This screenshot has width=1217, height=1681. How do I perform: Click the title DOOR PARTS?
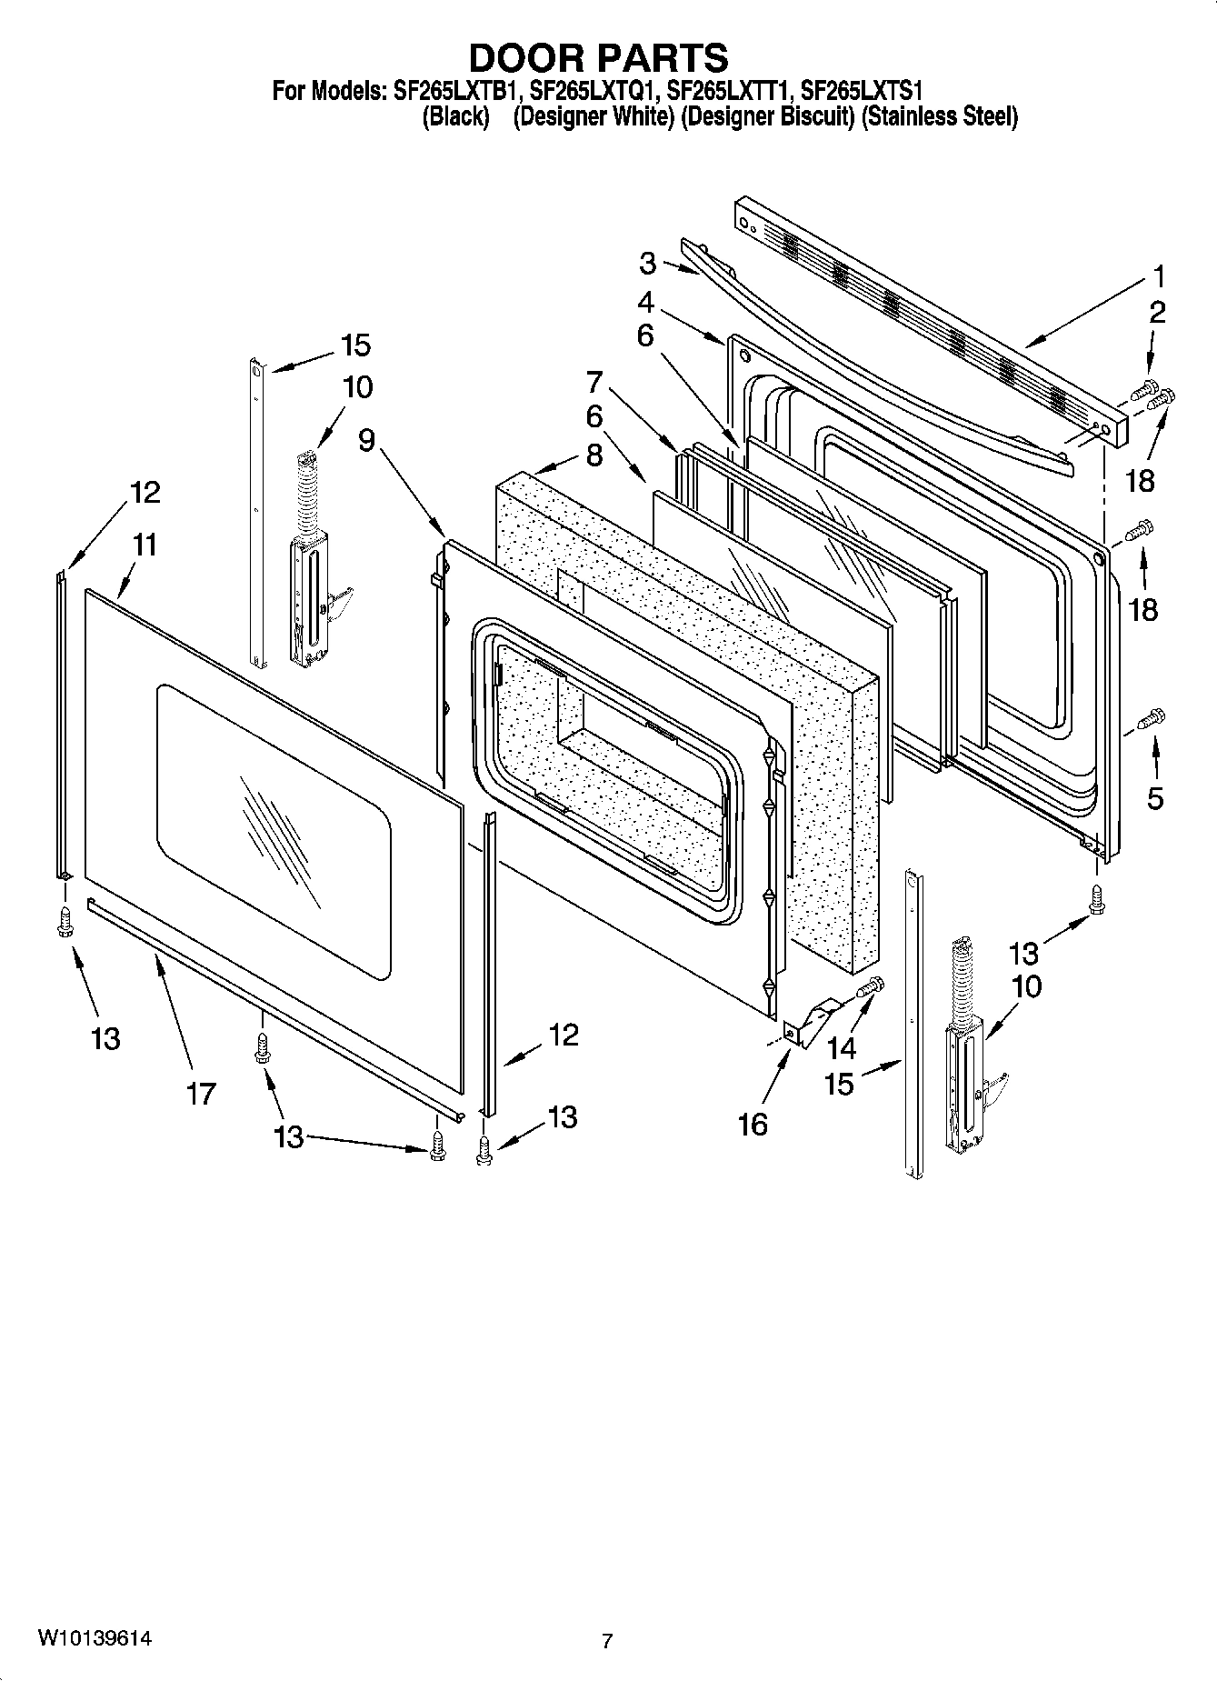coord(598,57)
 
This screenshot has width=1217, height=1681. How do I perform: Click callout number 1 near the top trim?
coord(1158,275)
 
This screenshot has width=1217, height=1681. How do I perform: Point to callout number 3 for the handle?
coord(647,264)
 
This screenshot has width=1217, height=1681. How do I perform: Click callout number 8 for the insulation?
coord(594,455)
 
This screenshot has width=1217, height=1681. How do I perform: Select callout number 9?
coord(366,441)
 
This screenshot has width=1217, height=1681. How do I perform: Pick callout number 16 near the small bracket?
coord(753,1125)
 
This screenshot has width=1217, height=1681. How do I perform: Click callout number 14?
coord(842,1047)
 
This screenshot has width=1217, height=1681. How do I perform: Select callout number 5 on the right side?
coord(1154,798)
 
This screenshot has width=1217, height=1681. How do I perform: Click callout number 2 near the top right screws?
coord(1157,312)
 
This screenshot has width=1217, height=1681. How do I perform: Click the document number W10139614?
coord(95,1638)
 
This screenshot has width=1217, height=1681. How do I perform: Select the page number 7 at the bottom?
coord(607,1641)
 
